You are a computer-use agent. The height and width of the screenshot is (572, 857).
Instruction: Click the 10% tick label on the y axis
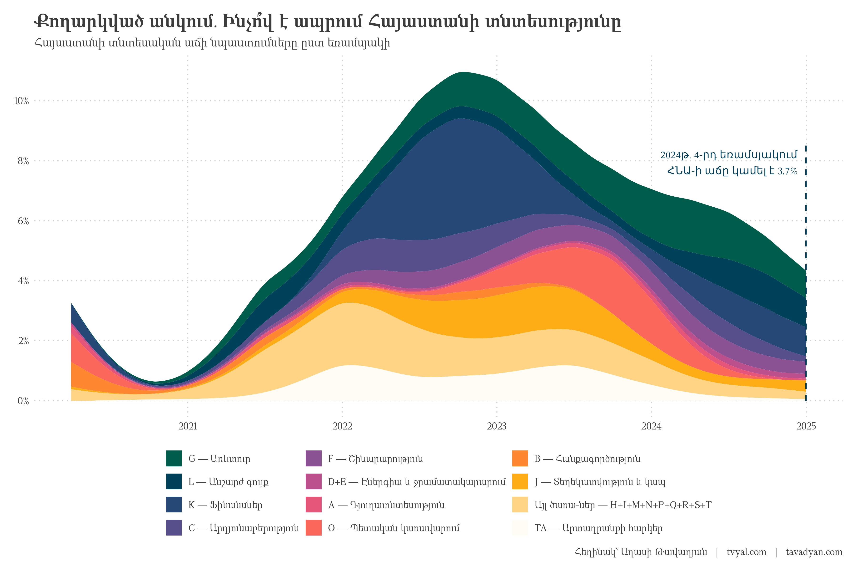coord(21,101)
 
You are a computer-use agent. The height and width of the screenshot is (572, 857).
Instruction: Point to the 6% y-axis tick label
coord(23,221)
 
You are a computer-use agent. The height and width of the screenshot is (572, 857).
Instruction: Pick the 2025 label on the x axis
coord(806,426)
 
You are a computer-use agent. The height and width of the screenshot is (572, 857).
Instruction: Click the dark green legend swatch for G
coord(174,459)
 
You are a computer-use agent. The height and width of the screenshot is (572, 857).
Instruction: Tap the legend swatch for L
coord(174,481)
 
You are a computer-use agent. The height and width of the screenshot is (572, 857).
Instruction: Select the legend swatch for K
coord(174,505)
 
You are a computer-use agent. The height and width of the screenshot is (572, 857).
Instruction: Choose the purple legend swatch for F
coord(313,459)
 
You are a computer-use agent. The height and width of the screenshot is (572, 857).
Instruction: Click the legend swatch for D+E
coord(313,481)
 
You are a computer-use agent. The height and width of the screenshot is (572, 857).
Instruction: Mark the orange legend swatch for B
coord(520,459)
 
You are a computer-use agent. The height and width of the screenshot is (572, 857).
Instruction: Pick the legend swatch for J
coord(520,481)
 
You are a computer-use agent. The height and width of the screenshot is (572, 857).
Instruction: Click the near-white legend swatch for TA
coord(520,528)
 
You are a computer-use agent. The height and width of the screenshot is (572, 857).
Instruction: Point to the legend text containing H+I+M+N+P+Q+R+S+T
coord(623,505)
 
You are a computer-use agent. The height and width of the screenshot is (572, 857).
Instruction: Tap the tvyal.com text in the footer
coord(746,552)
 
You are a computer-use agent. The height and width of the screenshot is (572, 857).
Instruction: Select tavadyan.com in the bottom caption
coord(814,552)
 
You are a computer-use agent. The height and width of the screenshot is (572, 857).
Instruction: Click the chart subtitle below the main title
coord(212,43)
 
